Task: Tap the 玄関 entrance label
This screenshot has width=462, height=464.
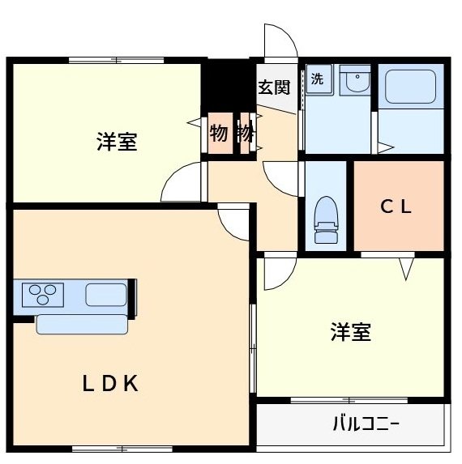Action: [272, 87]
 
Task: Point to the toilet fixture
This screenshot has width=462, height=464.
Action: [326, 219]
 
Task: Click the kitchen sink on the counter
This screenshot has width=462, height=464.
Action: [105, 294]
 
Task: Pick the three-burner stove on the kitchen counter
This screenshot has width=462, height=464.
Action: [43, 293]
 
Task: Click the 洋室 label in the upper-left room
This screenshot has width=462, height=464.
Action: [116, 143]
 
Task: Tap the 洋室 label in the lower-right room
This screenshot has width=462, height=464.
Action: [351, 332]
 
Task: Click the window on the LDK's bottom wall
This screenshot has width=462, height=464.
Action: [122, 448]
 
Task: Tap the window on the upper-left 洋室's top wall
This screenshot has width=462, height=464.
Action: [115, 59]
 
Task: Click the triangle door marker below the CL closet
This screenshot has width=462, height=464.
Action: [405, 267]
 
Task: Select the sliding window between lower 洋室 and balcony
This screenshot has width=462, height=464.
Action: [350, 399]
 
